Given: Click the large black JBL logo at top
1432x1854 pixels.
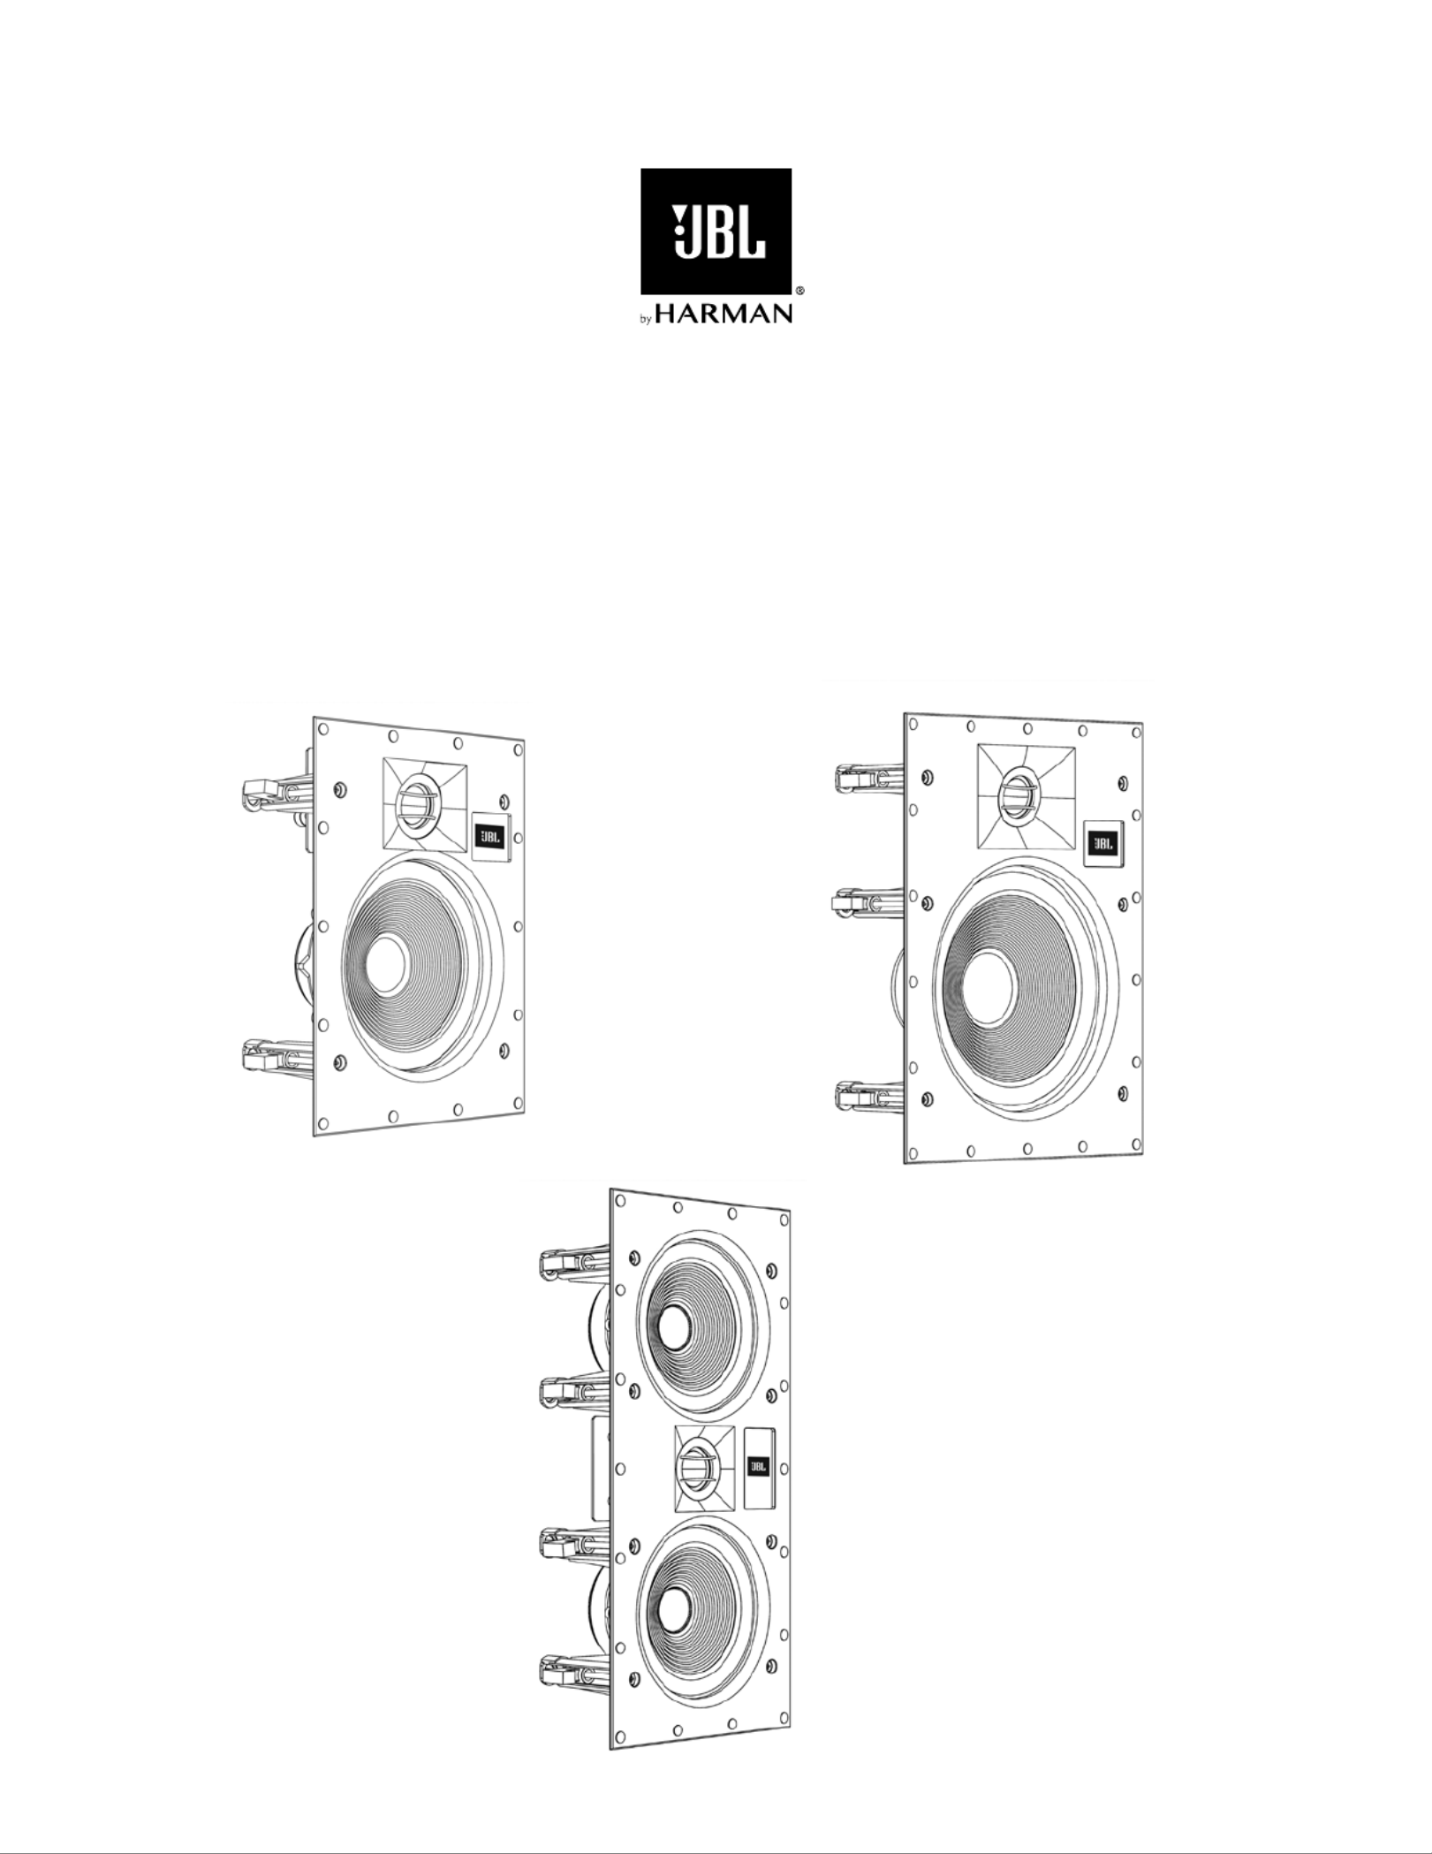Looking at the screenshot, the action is [x=716, y=232].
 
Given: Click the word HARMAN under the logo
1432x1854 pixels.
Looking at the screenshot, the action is [x=724, y=314].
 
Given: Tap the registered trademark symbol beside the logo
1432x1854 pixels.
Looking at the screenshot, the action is [x=799, y=290].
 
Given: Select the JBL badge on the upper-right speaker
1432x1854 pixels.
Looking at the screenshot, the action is [x=1103, y=844].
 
